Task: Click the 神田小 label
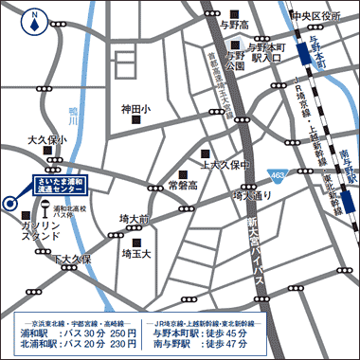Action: (x=135, y=111)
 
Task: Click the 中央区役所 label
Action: (x=315, y=16)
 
